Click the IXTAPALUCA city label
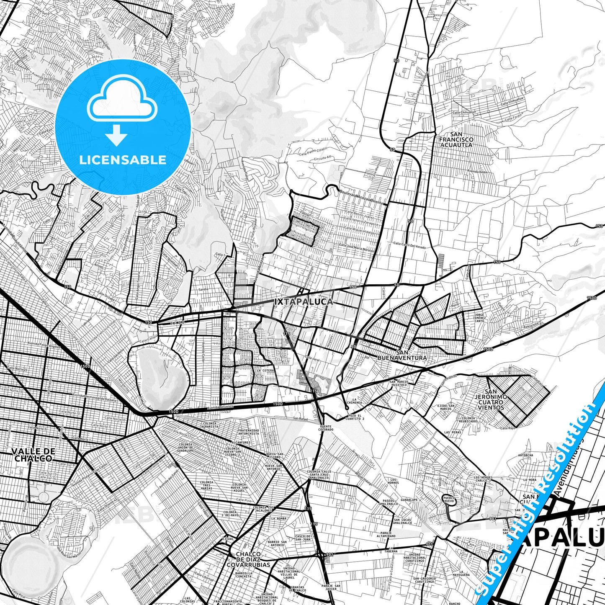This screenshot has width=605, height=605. [304, 301]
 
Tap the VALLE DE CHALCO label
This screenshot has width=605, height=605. [33, 454]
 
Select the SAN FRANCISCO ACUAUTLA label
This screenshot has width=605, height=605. [456, 140]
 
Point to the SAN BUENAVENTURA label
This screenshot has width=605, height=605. [402, 355]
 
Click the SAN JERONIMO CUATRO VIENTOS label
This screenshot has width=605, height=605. [491, 402]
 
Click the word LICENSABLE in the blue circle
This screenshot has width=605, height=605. [123, 160]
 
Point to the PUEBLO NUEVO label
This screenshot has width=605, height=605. [448, 499]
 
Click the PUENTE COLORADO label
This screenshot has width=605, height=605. [325, 428]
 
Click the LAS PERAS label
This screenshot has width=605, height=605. [453, 432]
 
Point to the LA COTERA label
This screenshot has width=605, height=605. [266, 371]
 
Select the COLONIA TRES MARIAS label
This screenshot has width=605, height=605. [206, 485]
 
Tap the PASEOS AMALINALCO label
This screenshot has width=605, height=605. [389, 503]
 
